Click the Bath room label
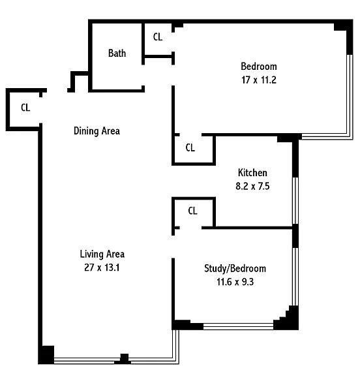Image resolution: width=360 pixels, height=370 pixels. coord(117,53)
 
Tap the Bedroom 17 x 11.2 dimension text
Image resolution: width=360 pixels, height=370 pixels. coord(259,80)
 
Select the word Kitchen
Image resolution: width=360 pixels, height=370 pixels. coord(252,172)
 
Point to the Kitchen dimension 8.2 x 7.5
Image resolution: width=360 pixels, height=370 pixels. coord(252,186)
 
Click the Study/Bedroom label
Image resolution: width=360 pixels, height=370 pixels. coord(235,269)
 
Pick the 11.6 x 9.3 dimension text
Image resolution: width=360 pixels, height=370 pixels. coord(235,282)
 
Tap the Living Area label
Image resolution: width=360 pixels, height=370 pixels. coord(102,254)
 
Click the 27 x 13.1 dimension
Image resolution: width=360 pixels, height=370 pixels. coord(102,268)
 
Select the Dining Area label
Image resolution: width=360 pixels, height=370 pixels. coord(97,131)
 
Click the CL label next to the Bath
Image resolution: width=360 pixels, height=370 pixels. coord(158,37)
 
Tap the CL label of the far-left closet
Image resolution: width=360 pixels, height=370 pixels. coord(25,108)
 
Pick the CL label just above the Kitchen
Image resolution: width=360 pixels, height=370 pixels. coord(190,147)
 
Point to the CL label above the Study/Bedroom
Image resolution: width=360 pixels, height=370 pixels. coord(192,211)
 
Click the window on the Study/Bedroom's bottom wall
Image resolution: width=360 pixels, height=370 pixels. coord(238,326)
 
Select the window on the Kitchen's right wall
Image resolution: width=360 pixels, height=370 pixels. coord(295,200)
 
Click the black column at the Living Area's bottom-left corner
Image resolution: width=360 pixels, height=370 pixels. coord(46,354)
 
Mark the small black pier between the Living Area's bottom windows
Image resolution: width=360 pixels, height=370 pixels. coord(125,358)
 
